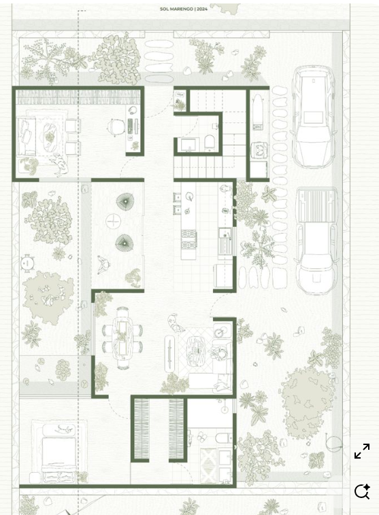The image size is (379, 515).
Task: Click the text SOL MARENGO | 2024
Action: click(184, 10)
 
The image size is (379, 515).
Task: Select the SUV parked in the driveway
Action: click(313, 117)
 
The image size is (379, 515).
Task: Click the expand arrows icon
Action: click(362, 451)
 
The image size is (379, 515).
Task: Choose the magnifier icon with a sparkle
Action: click(362, 491)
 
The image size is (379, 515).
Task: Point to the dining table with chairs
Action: click(122, 338)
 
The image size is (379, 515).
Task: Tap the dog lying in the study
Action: click(59, 164)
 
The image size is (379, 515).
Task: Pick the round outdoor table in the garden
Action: click(28, 263)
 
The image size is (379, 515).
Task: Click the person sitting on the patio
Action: click(105, 265)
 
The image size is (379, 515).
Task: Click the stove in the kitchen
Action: click(189, 240)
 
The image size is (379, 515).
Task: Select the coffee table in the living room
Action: click(196, 350)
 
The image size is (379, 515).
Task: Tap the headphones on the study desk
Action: click(132, 110)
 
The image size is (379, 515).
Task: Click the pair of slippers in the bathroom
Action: click(202, 437)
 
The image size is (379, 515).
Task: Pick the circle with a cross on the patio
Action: click(113, 221)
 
